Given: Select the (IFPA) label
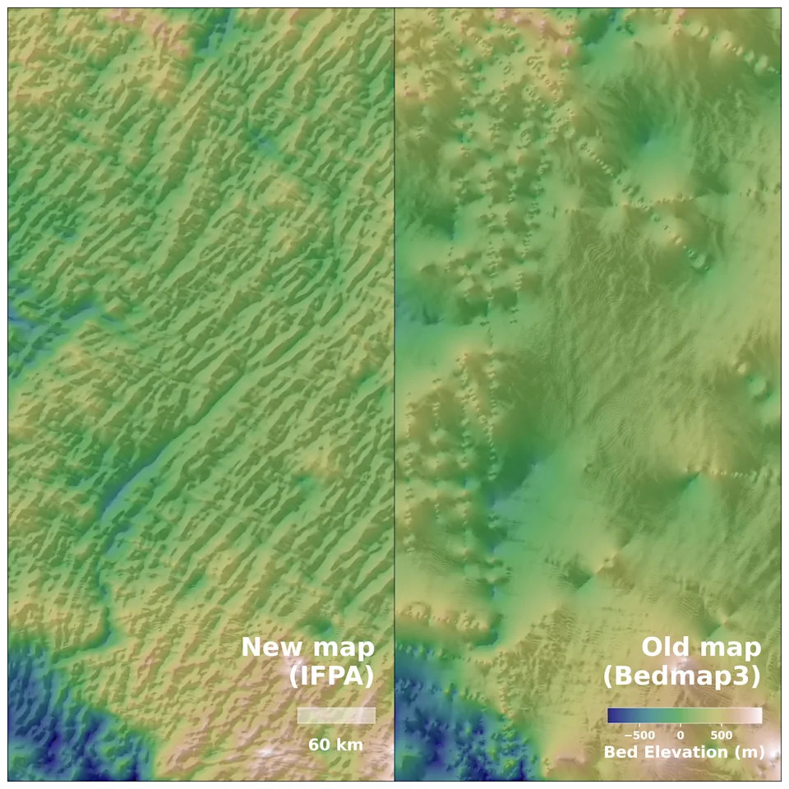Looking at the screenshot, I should click(x=331, y=676).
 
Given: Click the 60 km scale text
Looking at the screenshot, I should click(x=335, y=745).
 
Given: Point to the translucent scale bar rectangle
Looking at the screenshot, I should click(x=336, y=715).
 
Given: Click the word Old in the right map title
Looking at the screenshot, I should click(x=665, y=648).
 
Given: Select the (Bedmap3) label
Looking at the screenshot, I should click(x=681, y=676).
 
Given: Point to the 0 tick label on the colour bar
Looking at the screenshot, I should click(x=680, y=734).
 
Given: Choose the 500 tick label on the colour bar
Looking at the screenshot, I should click(x=721, y=734).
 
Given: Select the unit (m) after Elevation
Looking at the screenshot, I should click(x=750, y=751).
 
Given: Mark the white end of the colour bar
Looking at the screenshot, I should click(x=757, y=716).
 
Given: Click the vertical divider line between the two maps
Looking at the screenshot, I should click(x=394, y=329).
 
